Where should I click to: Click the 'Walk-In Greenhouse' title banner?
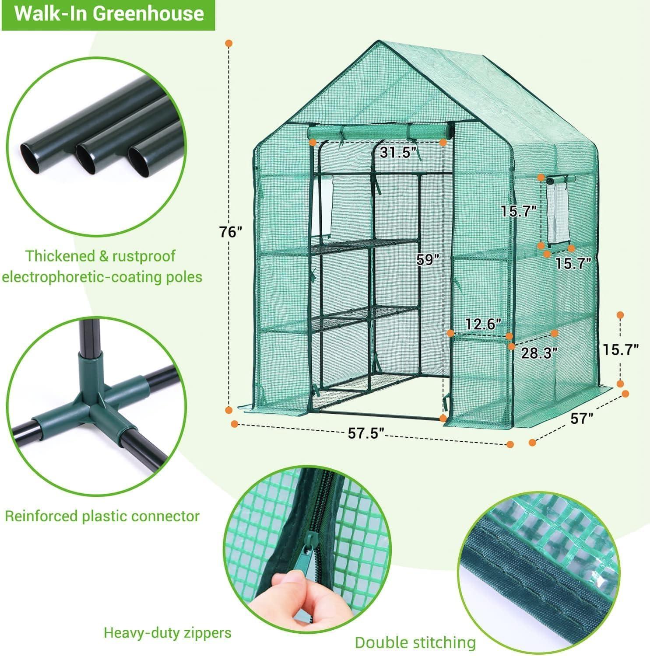coord(109,14)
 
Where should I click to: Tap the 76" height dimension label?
coord(231,232)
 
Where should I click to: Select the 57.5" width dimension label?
coord(366,433)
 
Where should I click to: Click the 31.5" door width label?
coord(397,153)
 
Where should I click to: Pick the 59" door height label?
coord(427,260)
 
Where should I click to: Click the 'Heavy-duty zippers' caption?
coord(167,632)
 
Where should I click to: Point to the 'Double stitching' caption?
coord(415,642)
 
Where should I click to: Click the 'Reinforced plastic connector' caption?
coord(102,516)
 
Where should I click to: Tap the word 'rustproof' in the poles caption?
coord(144,256)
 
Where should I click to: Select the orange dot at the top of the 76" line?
coord(228,43)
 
